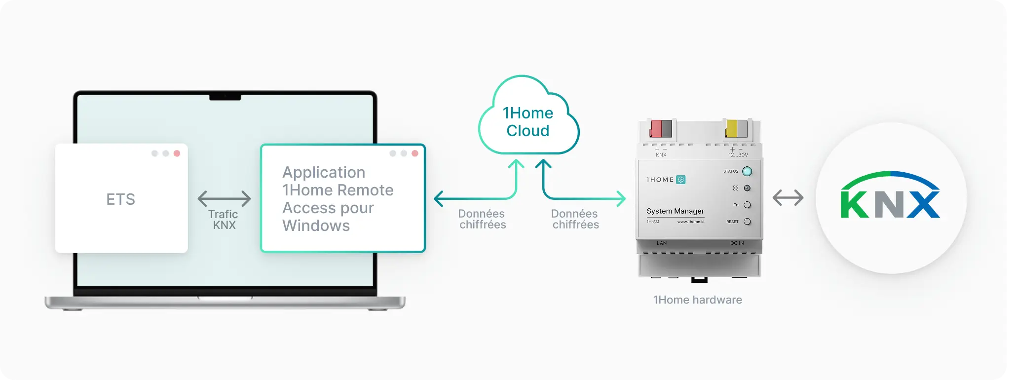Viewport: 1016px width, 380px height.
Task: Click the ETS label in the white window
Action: tap(121, 199)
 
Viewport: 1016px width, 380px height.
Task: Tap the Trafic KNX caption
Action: tap(224, 220)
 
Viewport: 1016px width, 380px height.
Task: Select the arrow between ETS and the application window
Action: tap(224, 199)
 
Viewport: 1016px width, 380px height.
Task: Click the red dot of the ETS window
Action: tap(177, 153)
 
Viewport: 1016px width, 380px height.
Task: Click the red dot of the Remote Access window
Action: tap(415, 153)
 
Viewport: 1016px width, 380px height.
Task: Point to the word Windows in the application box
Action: tap(316, 226)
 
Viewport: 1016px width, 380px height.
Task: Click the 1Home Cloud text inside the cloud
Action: tap(528, 122)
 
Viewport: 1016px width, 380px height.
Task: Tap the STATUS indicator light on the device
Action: tap(747, 171)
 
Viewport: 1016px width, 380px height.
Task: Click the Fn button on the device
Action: tap(747, 205)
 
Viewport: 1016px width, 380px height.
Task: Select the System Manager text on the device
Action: tap(675, 211)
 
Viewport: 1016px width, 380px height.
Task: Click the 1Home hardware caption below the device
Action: tap(697, 300)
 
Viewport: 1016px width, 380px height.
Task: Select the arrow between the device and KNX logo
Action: tap(788, 198)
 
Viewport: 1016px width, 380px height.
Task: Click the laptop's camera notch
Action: tap(225, 97)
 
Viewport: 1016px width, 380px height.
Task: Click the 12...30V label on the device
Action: tap(738, 155)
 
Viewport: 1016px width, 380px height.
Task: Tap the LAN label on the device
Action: tap(662, 243)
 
